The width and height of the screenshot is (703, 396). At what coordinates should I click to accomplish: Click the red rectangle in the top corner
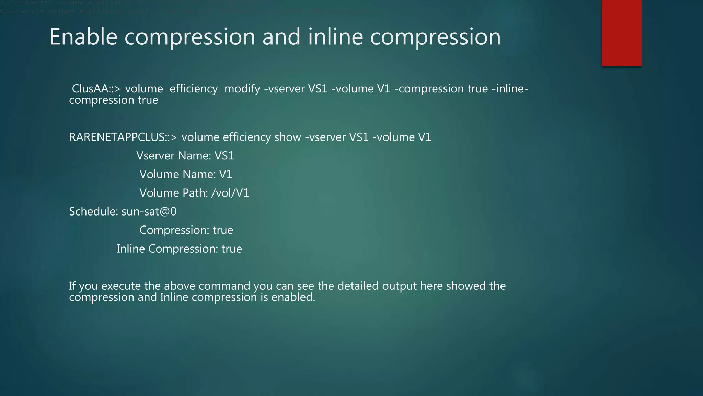[x=621, y=33]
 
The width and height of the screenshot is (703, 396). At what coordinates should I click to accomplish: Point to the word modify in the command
[x=242, y=89]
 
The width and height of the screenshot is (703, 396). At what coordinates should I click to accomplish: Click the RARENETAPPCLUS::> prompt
[x=123, y=137]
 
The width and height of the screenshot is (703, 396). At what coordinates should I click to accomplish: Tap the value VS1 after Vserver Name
[x=224, y=156]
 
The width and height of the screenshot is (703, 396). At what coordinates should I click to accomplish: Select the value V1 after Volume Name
[x=226, y=174]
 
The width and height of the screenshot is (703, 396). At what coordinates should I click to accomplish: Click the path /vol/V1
[x=230, y=193]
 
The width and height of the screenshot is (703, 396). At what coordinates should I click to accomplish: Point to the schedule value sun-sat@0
[x=149, y=211]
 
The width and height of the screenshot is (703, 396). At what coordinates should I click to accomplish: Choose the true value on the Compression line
[x=223, y=230]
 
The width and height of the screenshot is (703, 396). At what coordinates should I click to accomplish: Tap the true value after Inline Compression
[x=232, y=249]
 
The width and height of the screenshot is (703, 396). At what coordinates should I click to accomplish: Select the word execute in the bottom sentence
[x=121, y=286]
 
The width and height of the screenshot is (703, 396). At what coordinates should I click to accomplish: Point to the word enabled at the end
[x=293, y=297]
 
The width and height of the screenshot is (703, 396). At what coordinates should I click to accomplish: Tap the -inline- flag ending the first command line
[x=510, y=89]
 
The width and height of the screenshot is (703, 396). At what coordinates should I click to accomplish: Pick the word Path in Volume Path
[x=195, y=193]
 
